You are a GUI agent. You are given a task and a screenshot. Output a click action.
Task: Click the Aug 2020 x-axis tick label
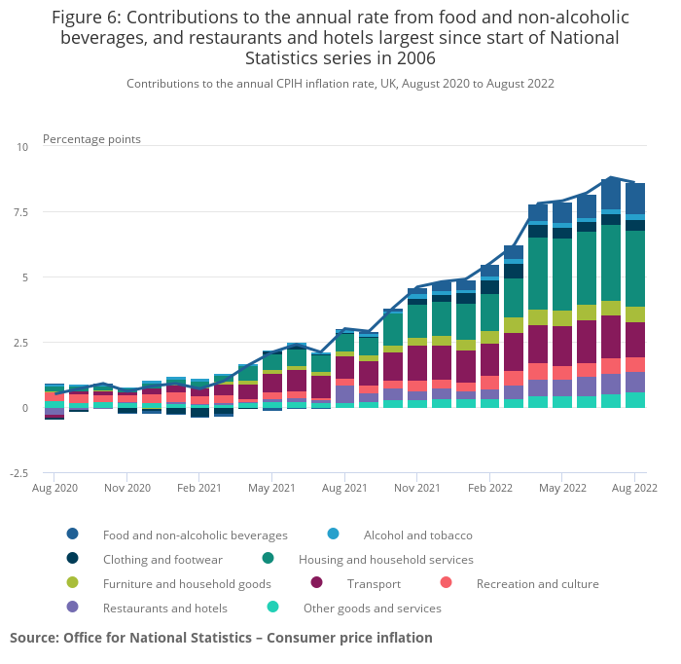54,487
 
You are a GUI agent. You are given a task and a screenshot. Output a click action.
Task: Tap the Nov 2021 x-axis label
416,487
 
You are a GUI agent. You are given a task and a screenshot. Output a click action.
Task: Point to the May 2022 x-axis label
562,487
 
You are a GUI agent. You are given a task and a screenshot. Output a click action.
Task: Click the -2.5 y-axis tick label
18,473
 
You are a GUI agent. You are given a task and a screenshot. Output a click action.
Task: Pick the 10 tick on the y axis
22,147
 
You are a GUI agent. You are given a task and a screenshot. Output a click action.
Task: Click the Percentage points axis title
91,139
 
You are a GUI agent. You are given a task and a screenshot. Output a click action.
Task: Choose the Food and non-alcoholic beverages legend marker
73,535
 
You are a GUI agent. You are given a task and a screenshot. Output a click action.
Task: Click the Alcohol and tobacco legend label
417,535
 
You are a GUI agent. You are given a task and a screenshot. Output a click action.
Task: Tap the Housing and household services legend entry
385,560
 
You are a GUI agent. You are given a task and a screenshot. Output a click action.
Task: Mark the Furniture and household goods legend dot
73,583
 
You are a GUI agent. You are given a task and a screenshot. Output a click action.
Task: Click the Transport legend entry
374,583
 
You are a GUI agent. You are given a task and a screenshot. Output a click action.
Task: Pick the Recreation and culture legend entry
537,583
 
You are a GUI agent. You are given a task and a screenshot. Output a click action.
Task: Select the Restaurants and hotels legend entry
164,608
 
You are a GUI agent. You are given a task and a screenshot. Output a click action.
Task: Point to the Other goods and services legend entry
372,608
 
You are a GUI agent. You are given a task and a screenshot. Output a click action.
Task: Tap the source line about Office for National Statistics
221,638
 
